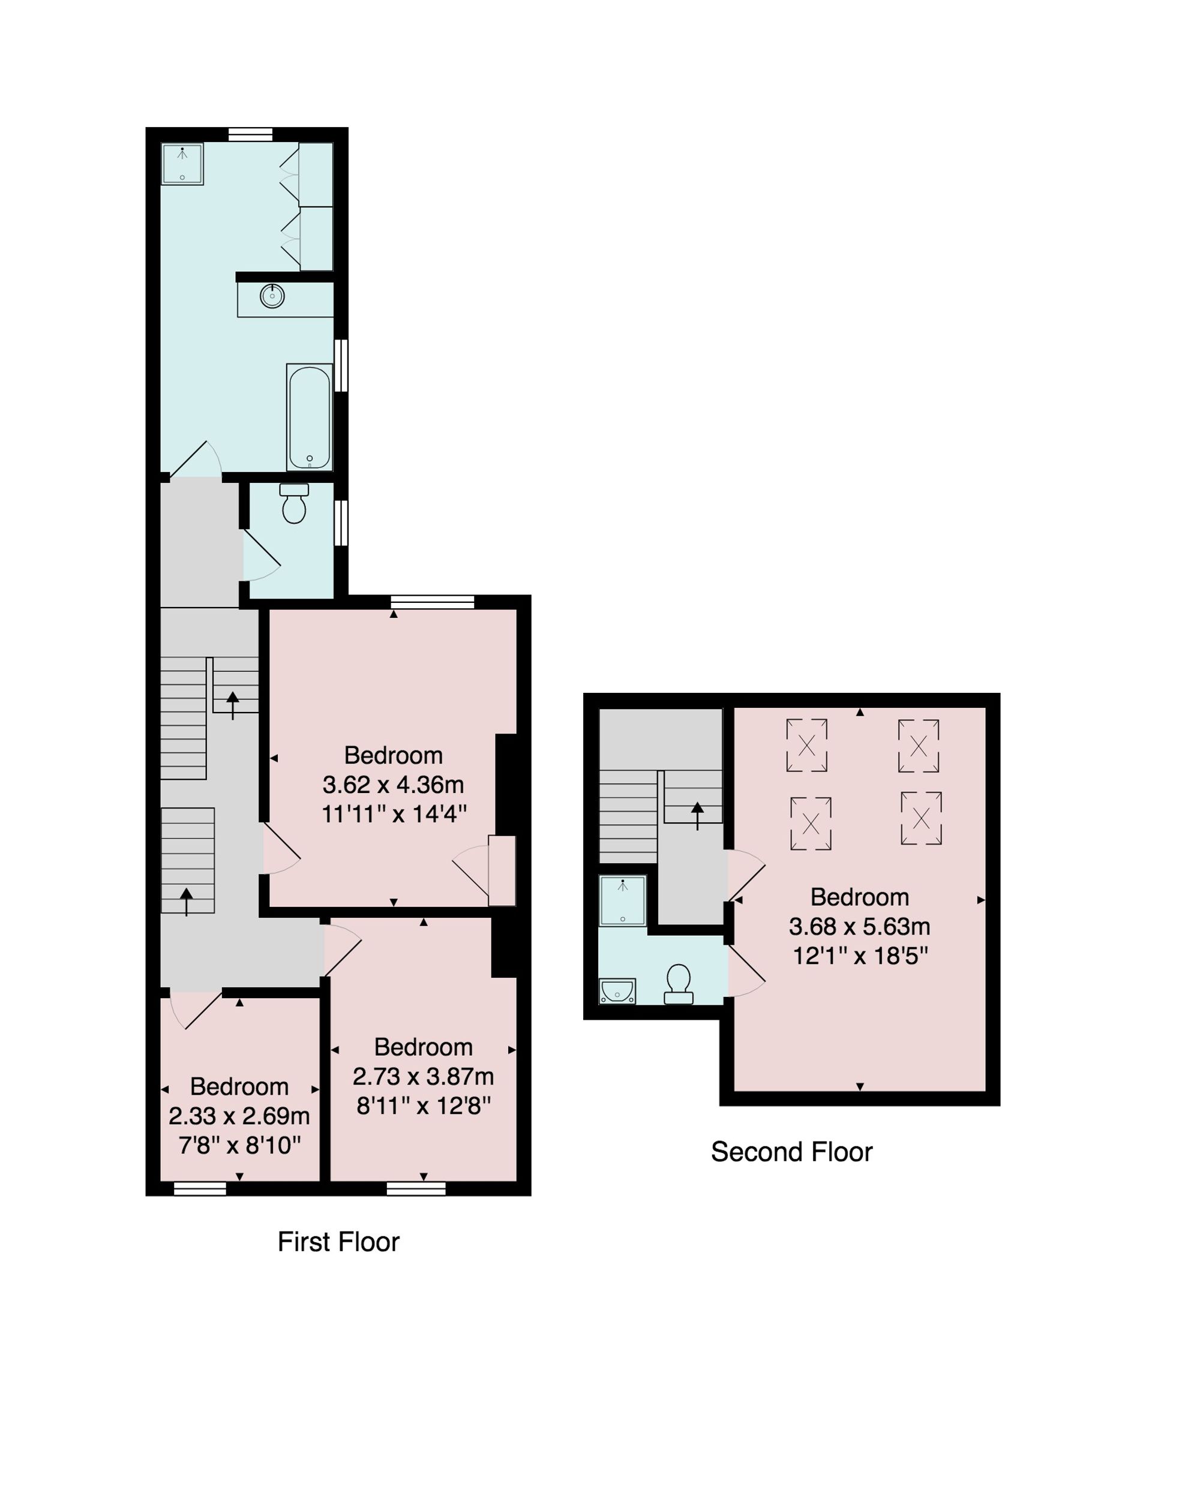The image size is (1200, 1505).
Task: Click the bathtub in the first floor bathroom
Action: click(x=309, y=417)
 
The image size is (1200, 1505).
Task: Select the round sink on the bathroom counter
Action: click(x=272, y=296)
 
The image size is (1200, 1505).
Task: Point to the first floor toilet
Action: click(x=294, y=503)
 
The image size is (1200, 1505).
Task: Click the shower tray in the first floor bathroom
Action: click(x=182, y=164)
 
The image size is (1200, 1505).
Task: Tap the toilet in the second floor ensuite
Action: click(x=679, y=984)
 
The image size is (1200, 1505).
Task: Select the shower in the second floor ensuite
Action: click(x=623, y=900)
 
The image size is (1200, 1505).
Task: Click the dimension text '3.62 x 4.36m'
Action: click(x=393, y=785)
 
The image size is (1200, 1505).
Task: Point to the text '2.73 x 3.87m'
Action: click(x=423, y=1076)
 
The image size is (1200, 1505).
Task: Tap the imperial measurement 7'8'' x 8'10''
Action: click(x=239, y=1146)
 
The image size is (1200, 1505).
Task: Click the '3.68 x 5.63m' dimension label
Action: click(x=859, y=926)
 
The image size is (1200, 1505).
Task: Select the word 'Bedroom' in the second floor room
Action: click(x=859, y=897)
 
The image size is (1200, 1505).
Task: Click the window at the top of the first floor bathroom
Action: click(x=251, y=134)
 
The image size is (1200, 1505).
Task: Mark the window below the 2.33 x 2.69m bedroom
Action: click(x=200, y=1189)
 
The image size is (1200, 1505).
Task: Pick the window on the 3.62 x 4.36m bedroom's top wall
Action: click(x=433, y=602)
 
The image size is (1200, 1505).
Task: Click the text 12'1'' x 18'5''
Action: click(x=859, y=956)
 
